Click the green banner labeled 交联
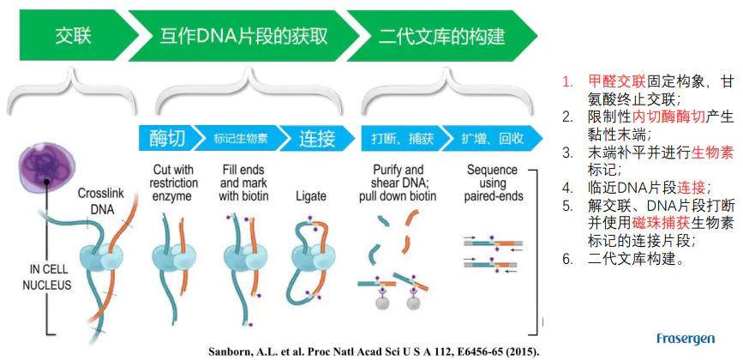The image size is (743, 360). [x=73, y=35]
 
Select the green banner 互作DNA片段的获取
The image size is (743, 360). [x=243, y=35]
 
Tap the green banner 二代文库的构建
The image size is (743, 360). [x=440, y=35]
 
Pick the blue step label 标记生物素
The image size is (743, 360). [x=233, y=138]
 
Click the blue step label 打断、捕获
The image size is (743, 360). [x=398, y=138]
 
